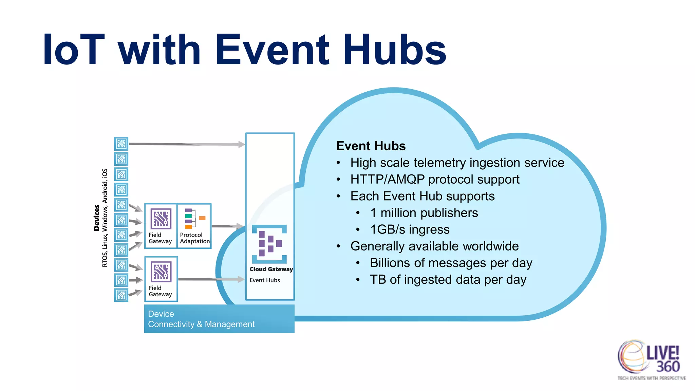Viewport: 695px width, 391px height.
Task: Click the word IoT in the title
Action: point(74,50)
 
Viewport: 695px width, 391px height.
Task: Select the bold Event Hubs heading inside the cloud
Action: point(371,146)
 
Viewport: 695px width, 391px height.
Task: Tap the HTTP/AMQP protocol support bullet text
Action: point(434,179)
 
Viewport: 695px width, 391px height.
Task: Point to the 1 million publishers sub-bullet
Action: point(424,213)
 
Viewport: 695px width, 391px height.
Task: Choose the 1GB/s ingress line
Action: point(409,229)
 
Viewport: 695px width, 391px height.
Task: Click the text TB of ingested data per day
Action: point(448,280)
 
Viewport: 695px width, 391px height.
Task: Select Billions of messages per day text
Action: point(451,263)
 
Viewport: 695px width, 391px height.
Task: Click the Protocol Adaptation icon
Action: point(194,219)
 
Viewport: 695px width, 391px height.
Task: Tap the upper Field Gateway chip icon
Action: point(161,219)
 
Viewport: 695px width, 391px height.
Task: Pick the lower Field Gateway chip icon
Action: point(161,272)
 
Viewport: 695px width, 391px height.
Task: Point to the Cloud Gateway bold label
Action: point(271,269)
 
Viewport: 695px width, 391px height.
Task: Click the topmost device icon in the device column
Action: point(121,144)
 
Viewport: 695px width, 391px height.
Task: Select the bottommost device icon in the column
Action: point(121,295)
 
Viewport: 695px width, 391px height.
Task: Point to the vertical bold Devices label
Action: point(97,218)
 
